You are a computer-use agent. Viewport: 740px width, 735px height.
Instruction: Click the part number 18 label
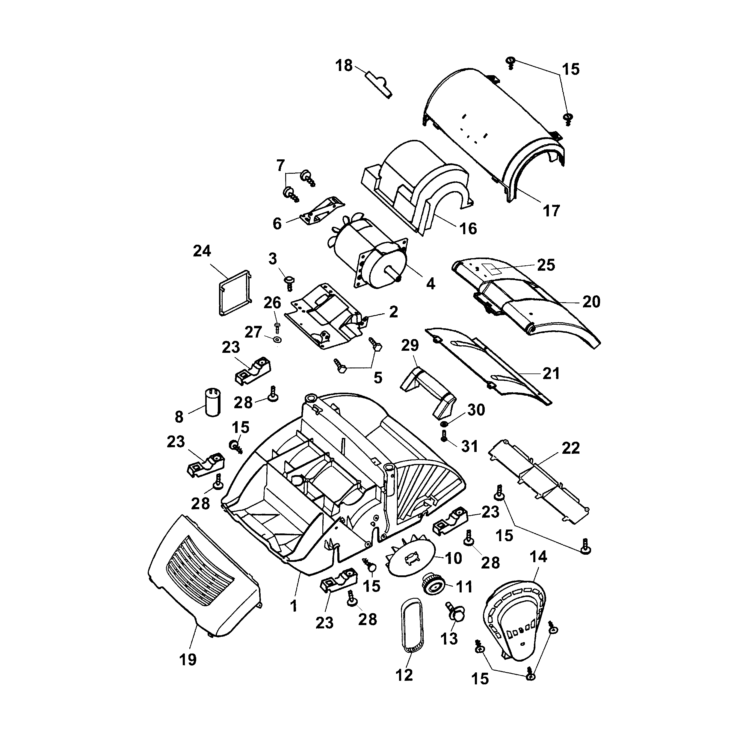pos(344,66)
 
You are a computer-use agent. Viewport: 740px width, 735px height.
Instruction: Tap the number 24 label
pos(202,251)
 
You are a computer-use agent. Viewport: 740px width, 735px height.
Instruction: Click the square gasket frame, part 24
pos(235,293)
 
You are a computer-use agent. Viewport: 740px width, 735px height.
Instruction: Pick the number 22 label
pos(570,448)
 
